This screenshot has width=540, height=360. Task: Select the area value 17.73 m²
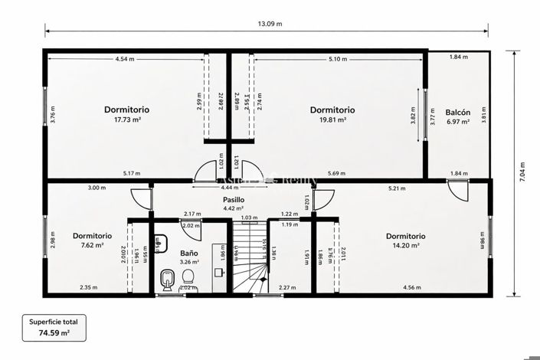tap(127, 119)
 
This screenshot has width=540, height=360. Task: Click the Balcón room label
tap(457, 113)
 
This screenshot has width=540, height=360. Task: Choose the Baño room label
tap(188, 253)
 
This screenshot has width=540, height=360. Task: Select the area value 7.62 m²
tap(92, 246)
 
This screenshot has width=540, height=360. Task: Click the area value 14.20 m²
tap(405, 246)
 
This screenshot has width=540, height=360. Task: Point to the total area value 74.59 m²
tap(54, 333)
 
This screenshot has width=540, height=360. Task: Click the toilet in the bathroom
tap(167, 280)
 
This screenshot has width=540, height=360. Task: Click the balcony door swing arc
tap(457, 189)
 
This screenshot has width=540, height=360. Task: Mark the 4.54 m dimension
tap(124, 59)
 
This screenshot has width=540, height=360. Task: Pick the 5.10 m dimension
tap(338, 59)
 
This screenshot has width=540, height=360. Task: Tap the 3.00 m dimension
tap(97, 188)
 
